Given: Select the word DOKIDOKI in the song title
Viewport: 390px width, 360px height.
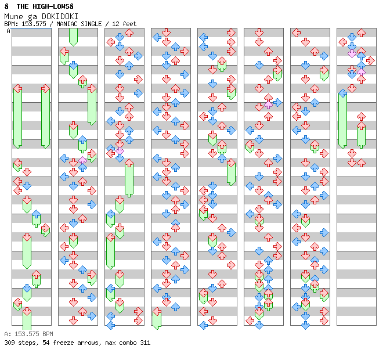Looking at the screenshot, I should (x=60, y=16).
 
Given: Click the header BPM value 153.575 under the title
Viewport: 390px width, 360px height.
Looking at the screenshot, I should (x=34, y=24).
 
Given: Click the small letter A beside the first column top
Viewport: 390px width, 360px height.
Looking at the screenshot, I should (x=8, y=31).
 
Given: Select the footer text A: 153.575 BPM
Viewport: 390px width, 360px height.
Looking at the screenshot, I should (x=28, y=334).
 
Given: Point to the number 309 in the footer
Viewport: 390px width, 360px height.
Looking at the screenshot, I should (x=10, y=343).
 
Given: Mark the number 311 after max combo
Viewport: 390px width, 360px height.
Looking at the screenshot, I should (x=145, y=343).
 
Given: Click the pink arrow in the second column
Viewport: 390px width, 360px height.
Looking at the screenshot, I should (x=82, y=160).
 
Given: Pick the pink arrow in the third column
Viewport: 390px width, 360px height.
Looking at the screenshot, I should (x=120, y=150).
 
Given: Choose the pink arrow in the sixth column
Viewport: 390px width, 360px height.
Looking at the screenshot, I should (x=268, y=105).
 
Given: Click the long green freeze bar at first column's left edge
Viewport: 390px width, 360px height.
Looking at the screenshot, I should (x=17, y=116).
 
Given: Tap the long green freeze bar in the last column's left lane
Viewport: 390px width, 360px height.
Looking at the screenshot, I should (x=342, y=119).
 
